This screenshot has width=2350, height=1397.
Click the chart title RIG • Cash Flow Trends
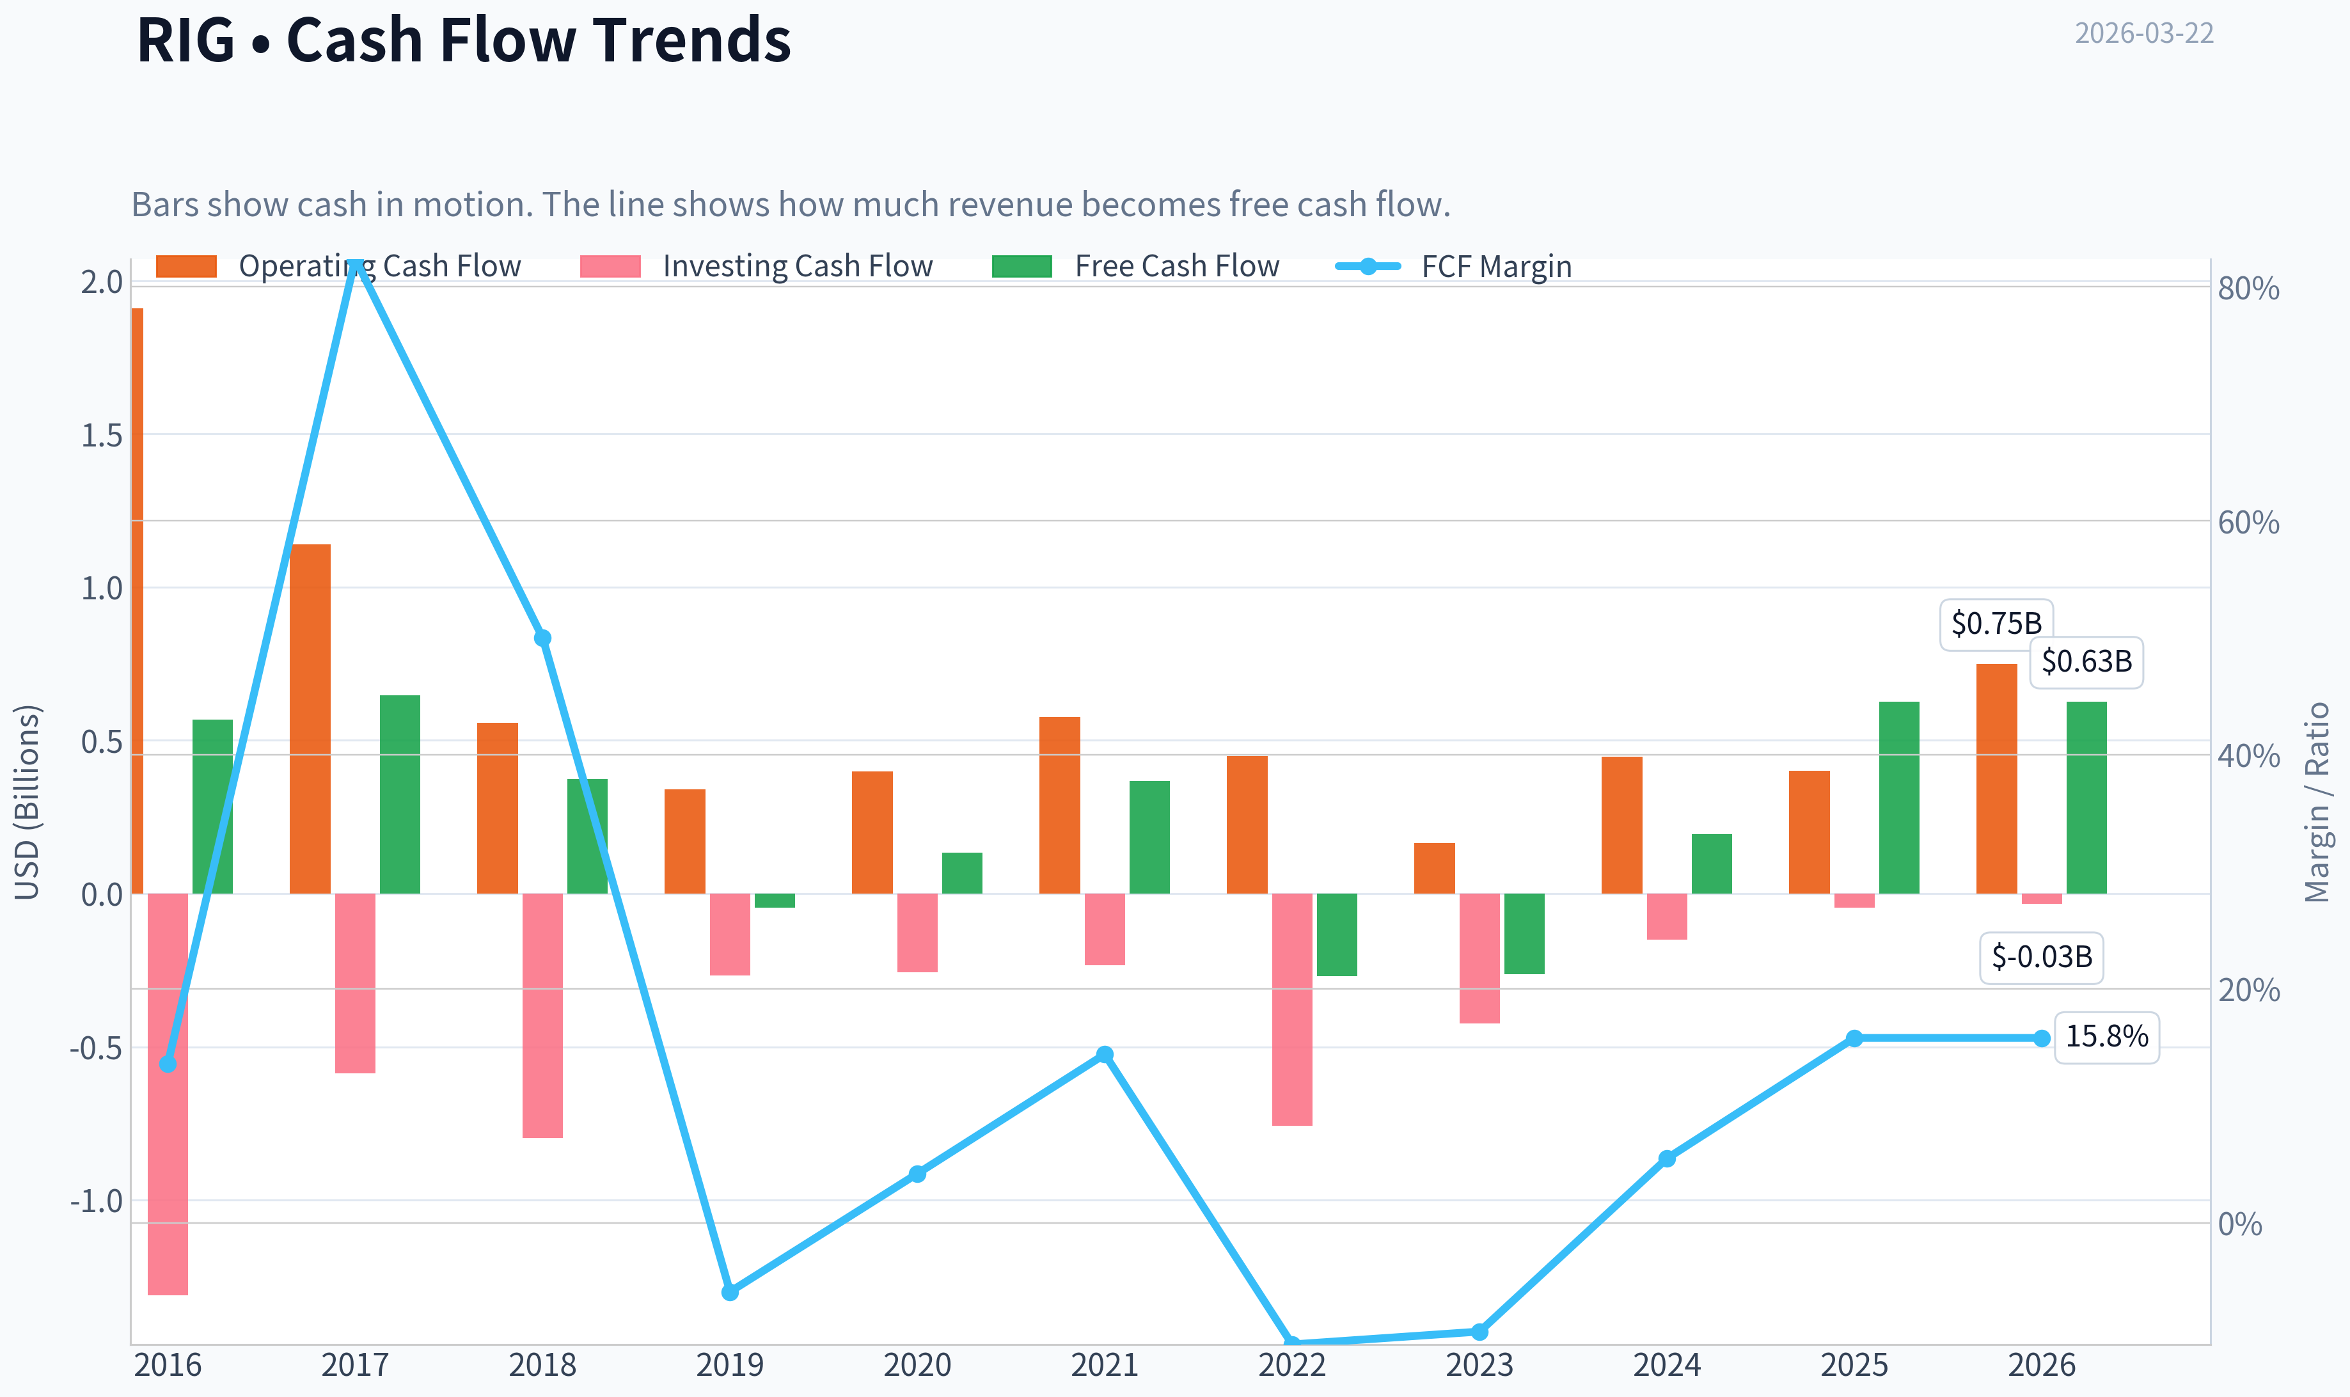pos(463,40)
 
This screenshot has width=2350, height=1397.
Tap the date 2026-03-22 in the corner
pos(2144,33)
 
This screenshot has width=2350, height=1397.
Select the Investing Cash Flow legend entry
pos(757,266)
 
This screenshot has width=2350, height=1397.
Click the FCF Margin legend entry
pos(1454,266)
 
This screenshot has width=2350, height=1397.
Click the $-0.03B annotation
pos(2041,958)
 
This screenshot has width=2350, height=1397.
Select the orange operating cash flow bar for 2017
pos(311,718)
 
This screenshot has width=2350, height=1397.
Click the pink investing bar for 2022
pos(1292,1009)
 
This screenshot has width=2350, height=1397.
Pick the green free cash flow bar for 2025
pos(1899,798)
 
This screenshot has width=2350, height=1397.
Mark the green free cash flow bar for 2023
pos(1525,934)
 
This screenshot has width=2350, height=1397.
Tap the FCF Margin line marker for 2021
pos(1105,1054)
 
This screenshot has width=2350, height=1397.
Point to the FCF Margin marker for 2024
pos(1667,1159)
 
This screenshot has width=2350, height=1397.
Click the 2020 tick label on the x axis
pos(918,1365)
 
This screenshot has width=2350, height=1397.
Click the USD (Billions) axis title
pos(28,802)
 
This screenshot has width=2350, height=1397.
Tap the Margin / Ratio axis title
pos(2317,802)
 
